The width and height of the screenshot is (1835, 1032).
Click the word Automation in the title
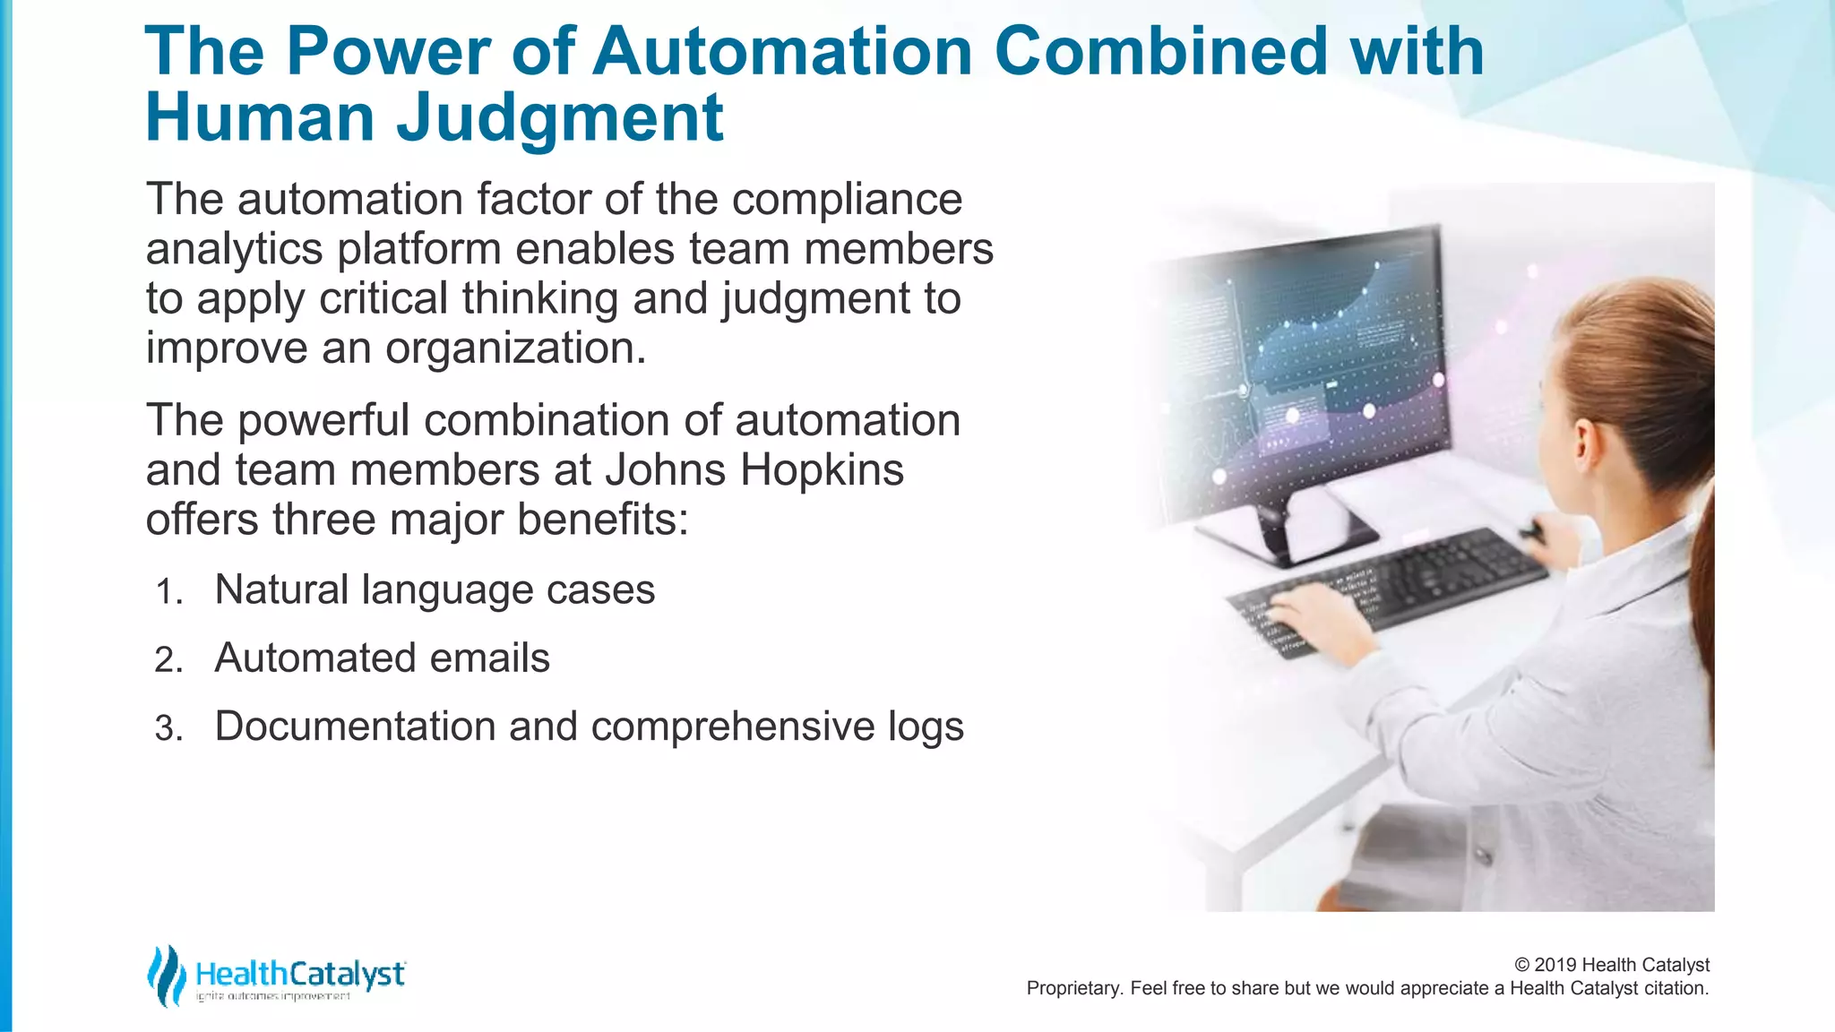click(782, 51)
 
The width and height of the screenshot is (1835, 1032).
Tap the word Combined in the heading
click(1161, 51)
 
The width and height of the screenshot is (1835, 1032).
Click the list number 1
click(168, 592)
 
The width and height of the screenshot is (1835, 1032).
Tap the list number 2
click(168, 660)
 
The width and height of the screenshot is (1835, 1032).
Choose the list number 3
click(168, 728)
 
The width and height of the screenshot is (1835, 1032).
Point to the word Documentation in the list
click(355, 727)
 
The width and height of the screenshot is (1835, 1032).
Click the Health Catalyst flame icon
click(166, 976)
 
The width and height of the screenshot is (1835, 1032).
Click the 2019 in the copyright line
click(1556, 965)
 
